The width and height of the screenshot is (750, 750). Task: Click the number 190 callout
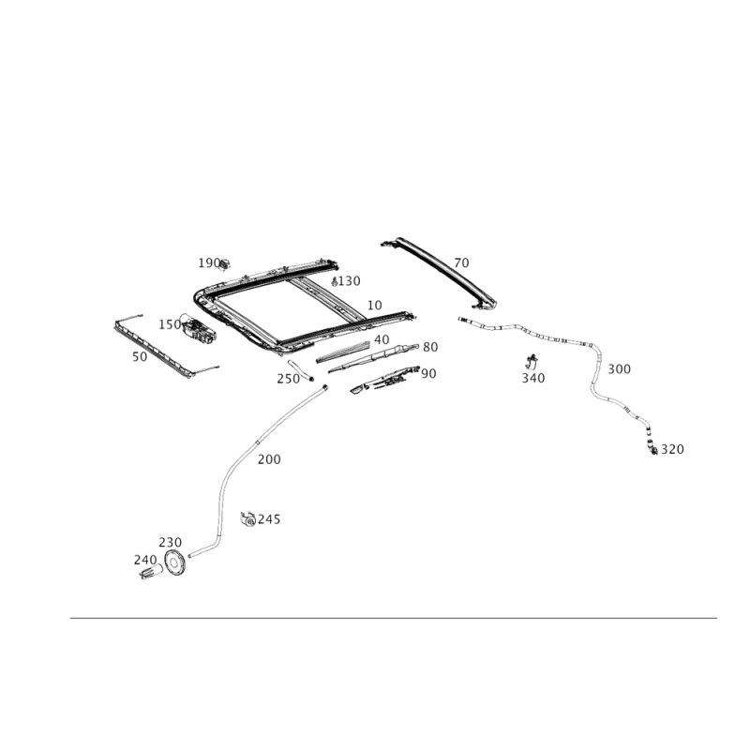pyautogui.click(x=268, y=459)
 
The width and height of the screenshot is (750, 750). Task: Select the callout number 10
pyautogui.click(x=374, y=305)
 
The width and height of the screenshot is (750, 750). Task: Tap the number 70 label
pyautogui.click(x=460, y=262)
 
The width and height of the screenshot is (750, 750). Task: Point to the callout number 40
pyautogui.click(x=382, y=339)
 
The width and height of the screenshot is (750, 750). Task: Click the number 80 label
pyautogui.click(x=430, y=348)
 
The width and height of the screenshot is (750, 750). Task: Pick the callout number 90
pyautogui.click(x=429, y=374)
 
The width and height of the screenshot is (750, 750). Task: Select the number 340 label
pyautogui.click(x=532, y=378)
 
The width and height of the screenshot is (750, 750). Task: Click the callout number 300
pyautogui.click(x=619, y=368)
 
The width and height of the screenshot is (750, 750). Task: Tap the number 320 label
pyautogui.click(x=672, y=450)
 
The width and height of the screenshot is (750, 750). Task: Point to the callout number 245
pyautogui.click(x=269, y=517)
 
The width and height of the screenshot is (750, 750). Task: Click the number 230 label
pyautogui.click(x=170, y=542)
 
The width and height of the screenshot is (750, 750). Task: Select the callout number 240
pyautogui.click(x=145, y=560)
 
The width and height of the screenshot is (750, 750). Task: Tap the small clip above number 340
pyautogui.click(x=532, y=358)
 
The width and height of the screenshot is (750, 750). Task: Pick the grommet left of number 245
pyautogui.click(x=247, y=517)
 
